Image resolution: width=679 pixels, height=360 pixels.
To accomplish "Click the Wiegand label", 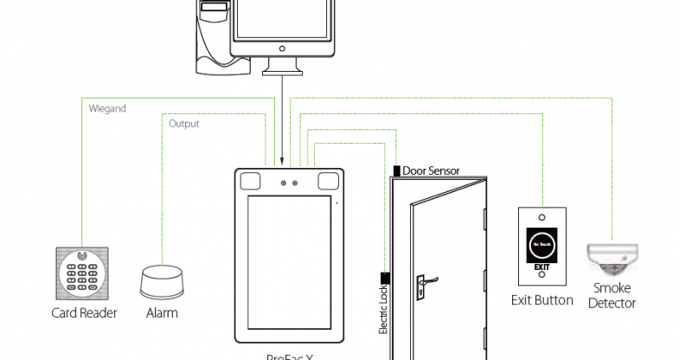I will [107, 109].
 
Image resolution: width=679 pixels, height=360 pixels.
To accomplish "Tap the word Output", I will [183, 124].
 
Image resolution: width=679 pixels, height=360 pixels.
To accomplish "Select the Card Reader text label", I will [85, 313].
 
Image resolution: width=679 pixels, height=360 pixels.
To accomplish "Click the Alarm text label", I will [162, 313].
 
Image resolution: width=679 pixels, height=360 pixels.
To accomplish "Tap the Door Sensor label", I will [431, 170].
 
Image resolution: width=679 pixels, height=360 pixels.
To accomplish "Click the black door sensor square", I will [396, 170].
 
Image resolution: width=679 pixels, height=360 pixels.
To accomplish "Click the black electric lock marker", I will [383, 277].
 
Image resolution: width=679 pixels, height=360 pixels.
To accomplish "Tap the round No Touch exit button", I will [541, 247].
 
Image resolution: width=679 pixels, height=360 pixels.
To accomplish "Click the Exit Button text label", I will [541, 300].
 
